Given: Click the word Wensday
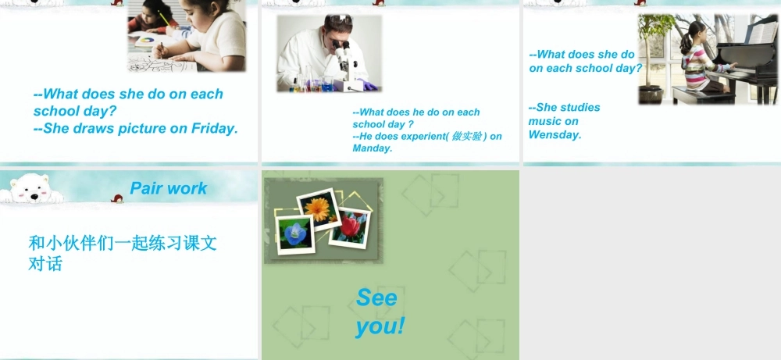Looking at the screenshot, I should tap(555, 134).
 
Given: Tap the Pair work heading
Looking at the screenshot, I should tap(169, 188).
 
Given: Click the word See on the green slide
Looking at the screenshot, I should tap(376, 298).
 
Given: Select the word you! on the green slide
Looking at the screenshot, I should tap(380, 325).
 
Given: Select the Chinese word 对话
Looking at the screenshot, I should tap(45, 264).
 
